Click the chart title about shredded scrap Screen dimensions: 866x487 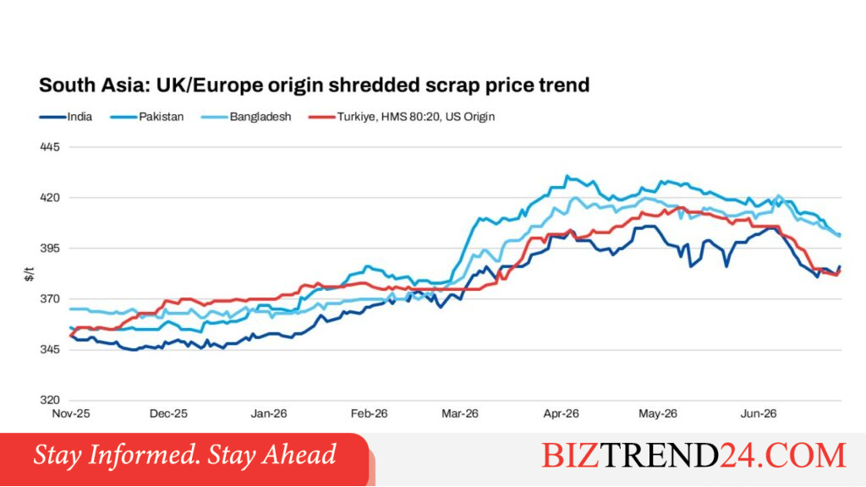point(315,85)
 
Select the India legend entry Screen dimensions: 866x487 point(66,117)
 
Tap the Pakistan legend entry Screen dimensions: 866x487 point(147,117)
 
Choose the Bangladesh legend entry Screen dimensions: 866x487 point(246,117)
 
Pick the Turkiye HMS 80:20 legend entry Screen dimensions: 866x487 point(402,117)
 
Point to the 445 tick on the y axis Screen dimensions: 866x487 point(50,147)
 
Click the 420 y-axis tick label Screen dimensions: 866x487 point(50,198)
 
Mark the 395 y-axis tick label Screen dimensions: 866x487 point(50,249)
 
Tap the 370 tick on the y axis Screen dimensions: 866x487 point(50,298)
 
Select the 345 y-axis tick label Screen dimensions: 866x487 point(50,349)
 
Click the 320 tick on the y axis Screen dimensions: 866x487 point(50,400)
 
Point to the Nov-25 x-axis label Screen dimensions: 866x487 point(71,413)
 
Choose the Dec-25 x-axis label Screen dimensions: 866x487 point(168,413)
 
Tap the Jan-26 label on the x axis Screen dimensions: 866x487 point(269,413)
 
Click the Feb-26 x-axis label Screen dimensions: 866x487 point(369,413)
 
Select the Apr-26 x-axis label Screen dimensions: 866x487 point(562,413)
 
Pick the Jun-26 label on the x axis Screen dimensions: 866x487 point(759,413)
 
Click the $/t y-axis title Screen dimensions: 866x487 point(30,275)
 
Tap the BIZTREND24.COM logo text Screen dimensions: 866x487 point(693,456)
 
